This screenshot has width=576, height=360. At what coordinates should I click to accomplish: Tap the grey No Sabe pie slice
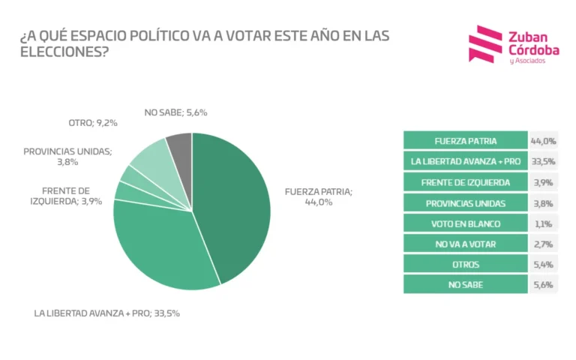point(180,146)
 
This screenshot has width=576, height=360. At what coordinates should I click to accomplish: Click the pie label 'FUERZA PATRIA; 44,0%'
point(318,197)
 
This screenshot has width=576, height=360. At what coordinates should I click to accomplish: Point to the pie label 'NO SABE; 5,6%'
point(175,112)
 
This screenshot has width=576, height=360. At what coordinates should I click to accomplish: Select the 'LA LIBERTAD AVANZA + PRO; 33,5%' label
point(107,313)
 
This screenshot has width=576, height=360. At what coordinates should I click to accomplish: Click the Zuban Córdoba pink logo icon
point(484,44)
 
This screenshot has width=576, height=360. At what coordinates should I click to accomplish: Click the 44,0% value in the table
point(542,141)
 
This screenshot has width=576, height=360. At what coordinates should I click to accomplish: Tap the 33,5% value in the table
point(542,161)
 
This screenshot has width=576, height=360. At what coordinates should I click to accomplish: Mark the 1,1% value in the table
point(542,223)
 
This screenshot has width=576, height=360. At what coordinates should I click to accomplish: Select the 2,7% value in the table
point(542,244)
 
